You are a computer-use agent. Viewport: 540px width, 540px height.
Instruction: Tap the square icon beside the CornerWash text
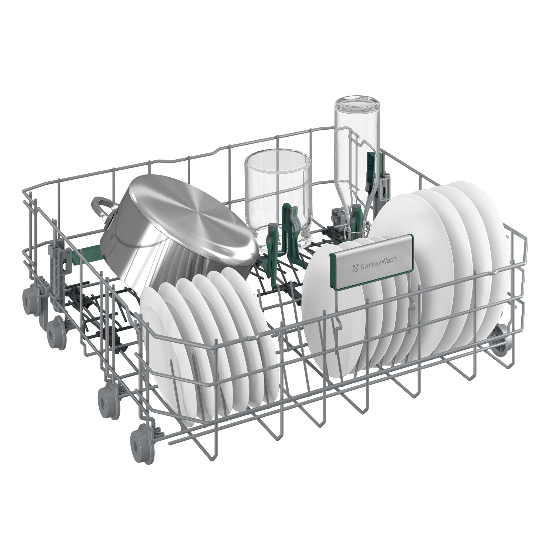(x=356, y=268)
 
